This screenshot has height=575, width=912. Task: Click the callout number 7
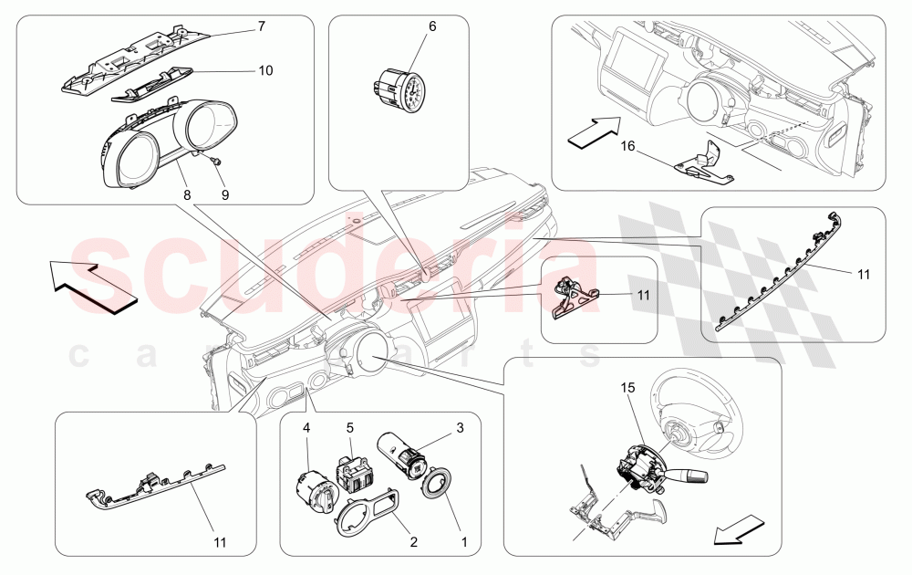pos(261,26)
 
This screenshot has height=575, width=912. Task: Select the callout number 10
pos(264,69)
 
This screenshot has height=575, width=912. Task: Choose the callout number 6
pos(432,26)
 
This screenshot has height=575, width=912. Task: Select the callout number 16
pos(627,145)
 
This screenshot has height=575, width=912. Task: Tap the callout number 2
pos(413,542)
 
